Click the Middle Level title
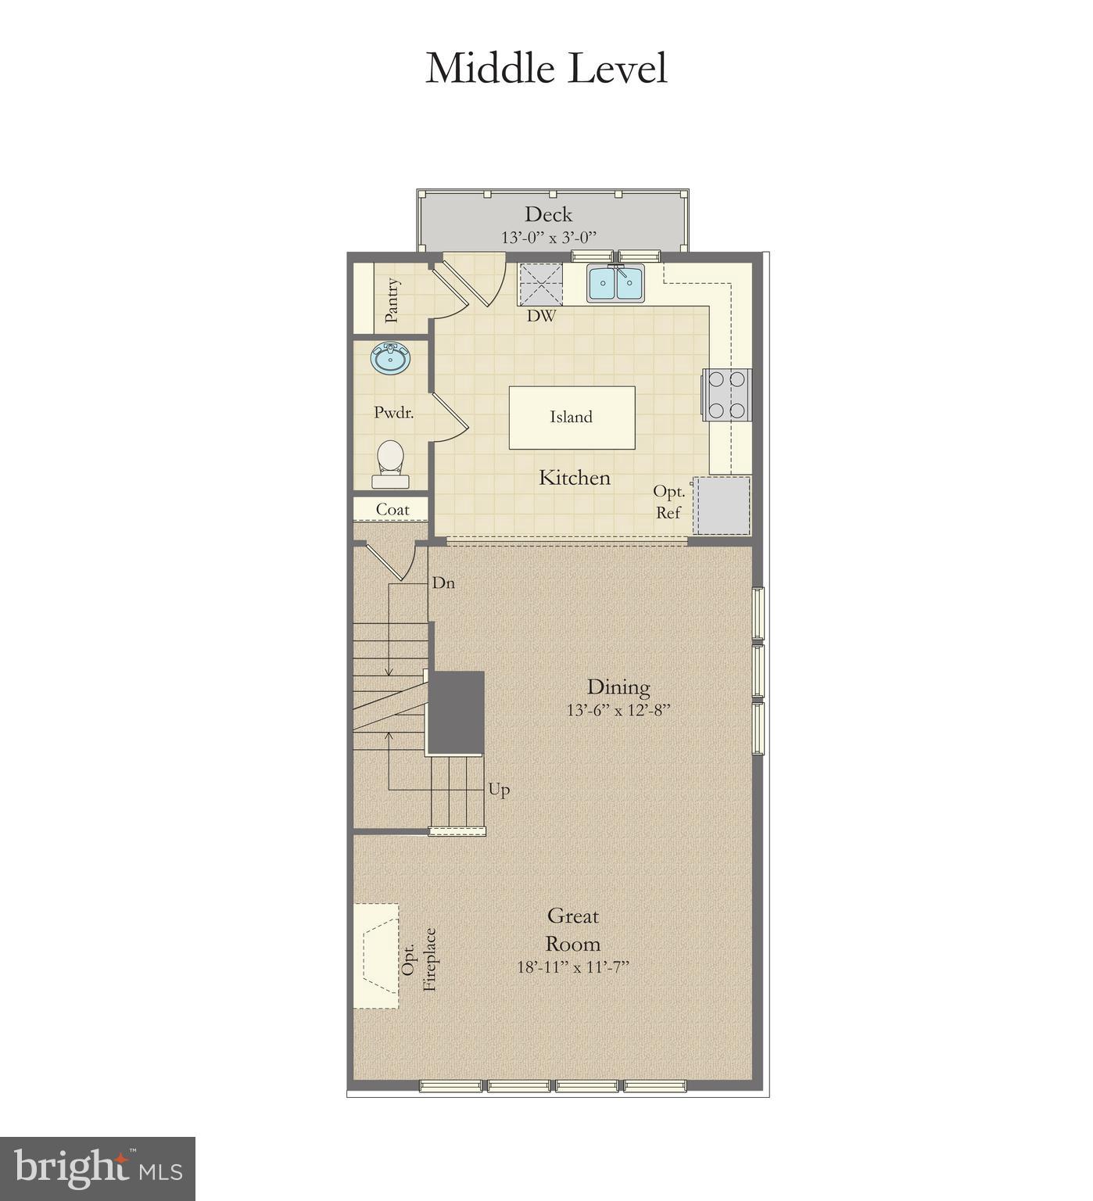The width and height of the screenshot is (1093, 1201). pos(546,68)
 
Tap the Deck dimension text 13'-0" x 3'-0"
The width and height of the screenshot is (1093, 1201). pos(549,237)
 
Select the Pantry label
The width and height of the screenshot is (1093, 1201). pos(392,299)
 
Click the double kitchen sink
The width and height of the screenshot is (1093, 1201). pos(616,283)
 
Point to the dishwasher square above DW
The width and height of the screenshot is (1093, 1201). pos(541,284)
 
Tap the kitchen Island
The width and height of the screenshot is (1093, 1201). pos(572,418)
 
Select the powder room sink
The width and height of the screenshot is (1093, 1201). pos(389,360)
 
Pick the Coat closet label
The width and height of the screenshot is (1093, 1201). pos(392,510)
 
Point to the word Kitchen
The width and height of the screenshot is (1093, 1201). pos(574,478)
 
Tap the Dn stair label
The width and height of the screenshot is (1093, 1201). pos(443,583)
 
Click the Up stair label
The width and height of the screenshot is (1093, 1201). pos(499,790)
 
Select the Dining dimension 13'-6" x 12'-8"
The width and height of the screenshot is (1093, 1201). pos(618,711)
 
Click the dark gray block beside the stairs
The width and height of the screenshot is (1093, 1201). pos(455,712)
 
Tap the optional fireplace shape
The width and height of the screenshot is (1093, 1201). pos(376,955)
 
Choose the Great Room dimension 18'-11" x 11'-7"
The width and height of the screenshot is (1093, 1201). pos(573,967)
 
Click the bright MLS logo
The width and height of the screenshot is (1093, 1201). pos(98,1168)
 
